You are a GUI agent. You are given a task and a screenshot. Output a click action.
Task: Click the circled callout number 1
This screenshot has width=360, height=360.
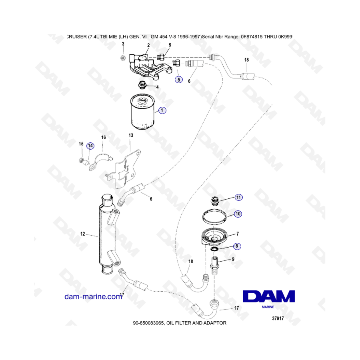point(162,110)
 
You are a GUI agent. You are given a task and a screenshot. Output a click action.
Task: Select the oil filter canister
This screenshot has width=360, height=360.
point(142,111)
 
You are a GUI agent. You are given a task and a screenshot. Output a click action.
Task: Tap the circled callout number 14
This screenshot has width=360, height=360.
point(90,146)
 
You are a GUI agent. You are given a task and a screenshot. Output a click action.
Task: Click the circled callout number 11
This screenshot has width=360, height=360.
point(238,198)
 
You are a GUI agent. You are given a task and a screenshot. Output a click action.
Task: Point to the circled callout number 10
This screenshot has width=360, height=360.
point(238,214)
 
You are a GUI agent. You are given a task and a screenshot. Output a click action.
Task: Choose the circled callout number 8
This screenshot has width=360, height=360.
point(237,246)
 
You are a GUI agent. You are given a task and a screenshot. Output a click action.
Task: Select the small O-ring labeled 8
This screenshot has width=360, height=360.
point(215,249)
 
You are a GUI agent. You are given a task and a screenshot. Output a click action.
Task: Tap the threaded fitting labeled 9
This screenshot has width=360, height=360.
point(214,266)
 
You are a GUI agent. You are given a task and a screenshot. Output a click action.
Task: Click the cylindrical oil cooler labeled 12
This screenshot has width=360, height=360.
point(108,234)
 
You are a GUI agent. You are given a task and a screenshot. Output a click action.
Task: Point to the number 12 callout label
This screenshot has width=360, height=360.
point(83,234)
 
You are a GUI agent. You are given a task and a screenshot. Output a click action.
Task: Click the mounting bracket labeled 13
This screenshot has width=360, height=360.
point(125,169)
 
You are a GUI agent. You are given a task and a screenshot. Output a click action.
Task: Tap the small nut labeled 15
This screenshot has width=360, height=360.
point(81,160)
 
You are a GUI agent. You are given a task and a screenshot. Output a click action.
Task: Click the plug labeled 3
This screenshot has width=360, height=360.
point(123,58)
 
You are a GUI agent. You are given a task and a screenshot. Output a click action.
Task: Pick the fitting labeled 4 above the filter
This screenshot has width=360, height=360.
point(142,85)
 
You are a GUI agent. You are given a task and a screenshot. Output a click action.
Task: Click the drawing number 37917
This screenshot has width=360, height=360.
point(278,318)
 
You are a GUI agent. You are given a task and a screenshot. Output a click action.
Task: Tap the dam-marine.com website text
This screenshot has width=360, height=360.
point(93,297)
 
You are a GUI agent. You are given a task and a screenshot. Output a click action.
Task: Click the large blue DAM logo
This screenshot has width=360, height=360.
point(269,296)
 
